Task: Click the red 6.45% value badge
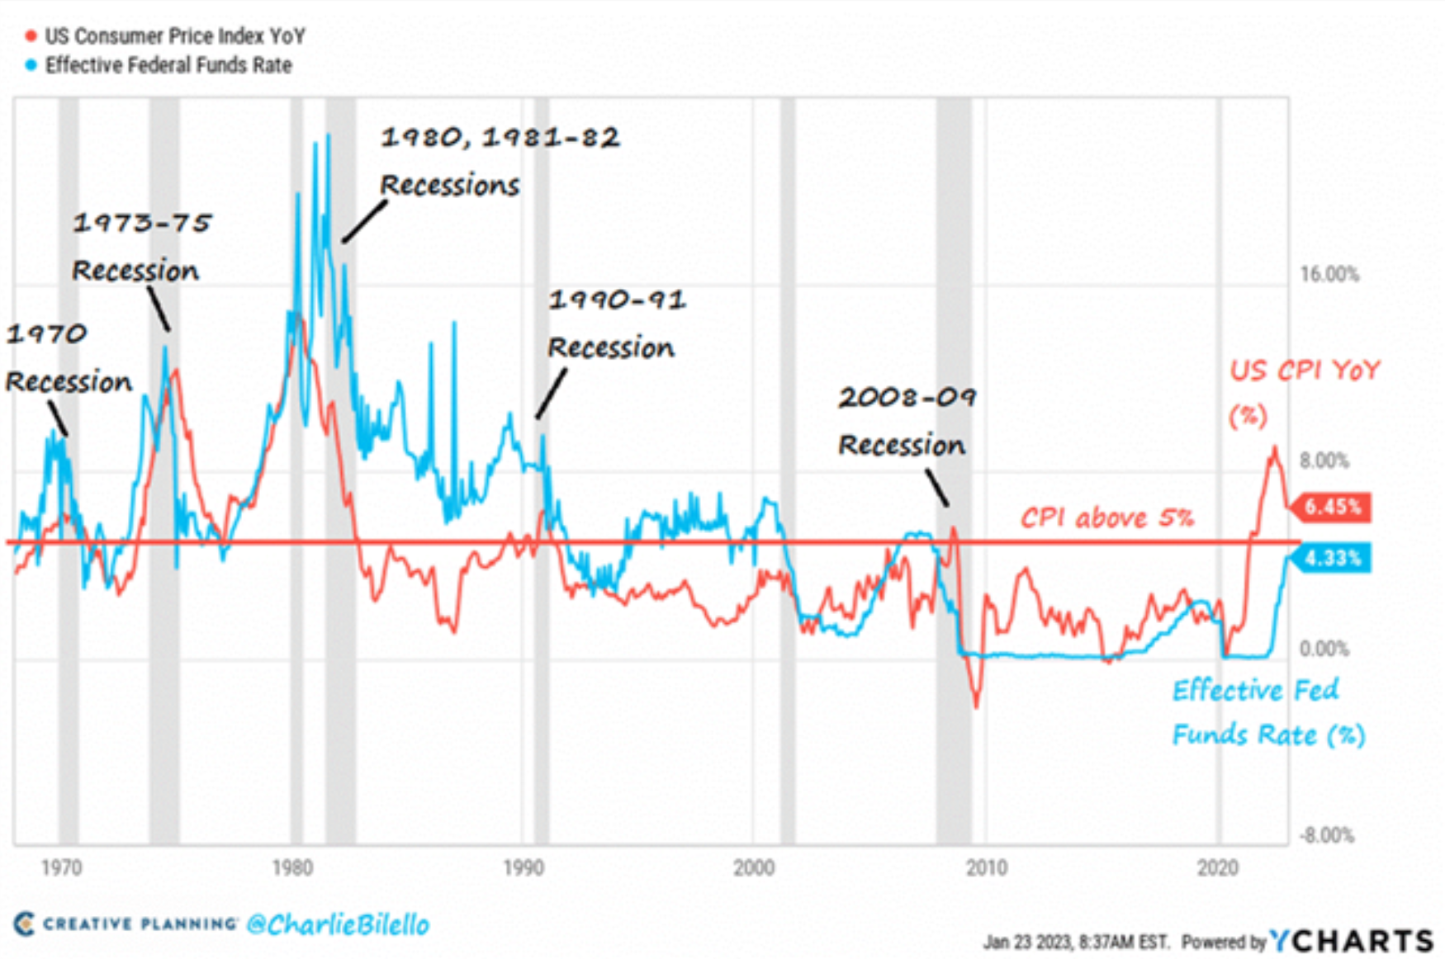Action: pos(1332,507)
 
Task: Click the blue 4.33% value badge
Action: pos(1332,559)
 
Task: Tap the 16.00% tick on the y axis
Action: pos(1329,275)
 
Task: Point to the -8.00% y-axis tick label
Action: pos(1326,835)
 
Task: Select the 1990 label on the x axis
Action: pos(523,868)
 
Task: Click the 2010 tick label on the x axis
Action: pos(987,868)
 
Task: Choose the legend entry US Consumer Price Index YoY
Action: pos(173,36)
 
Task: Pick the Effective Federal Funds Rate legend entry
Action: pos(168,65)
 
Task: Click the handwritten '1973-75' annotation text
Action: pos(142,223)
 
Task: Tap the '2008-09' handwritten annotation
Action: pos(907,398)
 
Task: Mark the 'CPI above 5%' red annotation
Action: pos(1106,518)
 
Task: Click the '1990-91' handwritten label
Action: pos(617,300)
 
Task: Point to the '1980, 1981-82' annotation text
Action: pos(500,137)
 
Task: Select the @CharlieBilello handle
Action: pos(338,924)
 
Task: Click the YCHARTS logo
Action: pos(1351,941)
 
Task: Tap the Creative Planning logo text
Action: pos(139,924)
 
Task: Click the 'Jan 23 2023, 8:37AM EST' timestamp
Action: pos(1075,942)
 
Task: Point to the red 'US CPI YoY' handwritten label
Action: pos(1304,371)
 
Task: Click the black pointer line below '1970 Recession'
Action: pos(57,418)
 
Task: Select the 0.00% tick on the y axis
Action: pos(1324,649)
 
